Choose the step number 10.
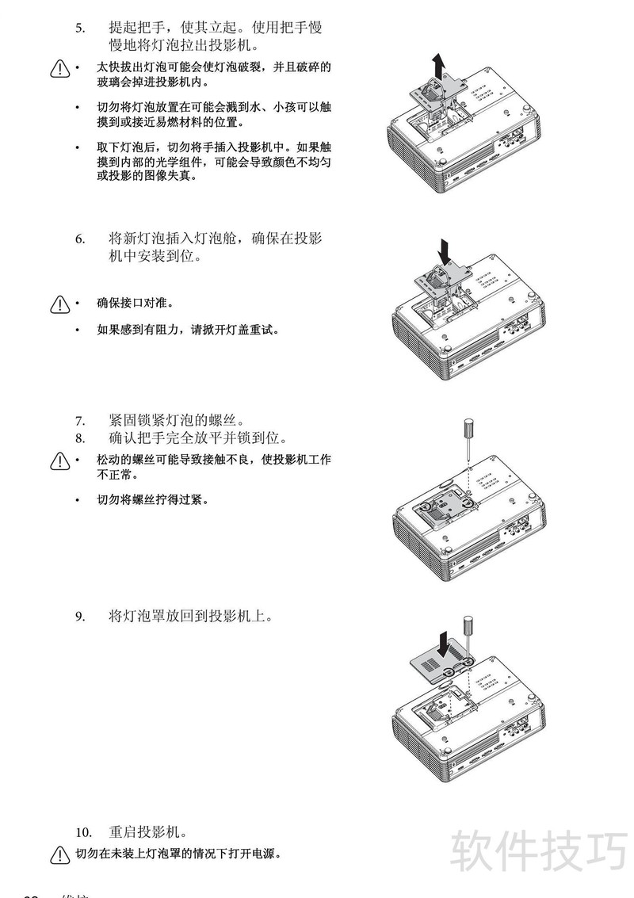coord(84,832)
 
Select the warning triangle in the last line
coord(60,854)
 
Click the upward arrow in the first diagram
coord(437,64)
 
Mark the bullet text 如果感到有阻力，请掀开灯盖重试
coord(187,329)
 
